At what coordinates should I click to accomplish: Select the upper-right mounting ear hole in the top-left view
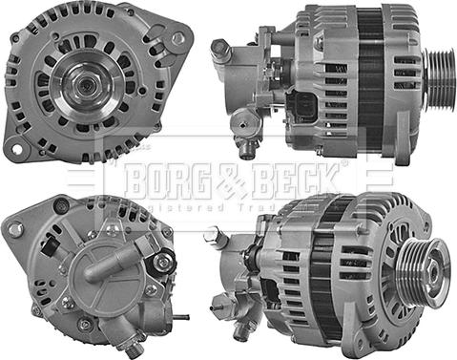pyautogui.click(x=178, y=38)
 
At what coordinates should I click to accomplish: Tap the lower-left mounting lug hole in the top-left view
pyautogui.click(x=16, y=147)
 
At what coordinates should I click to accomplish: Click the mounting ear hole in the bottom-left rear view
pyautogui.click(x=15, y=229)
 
